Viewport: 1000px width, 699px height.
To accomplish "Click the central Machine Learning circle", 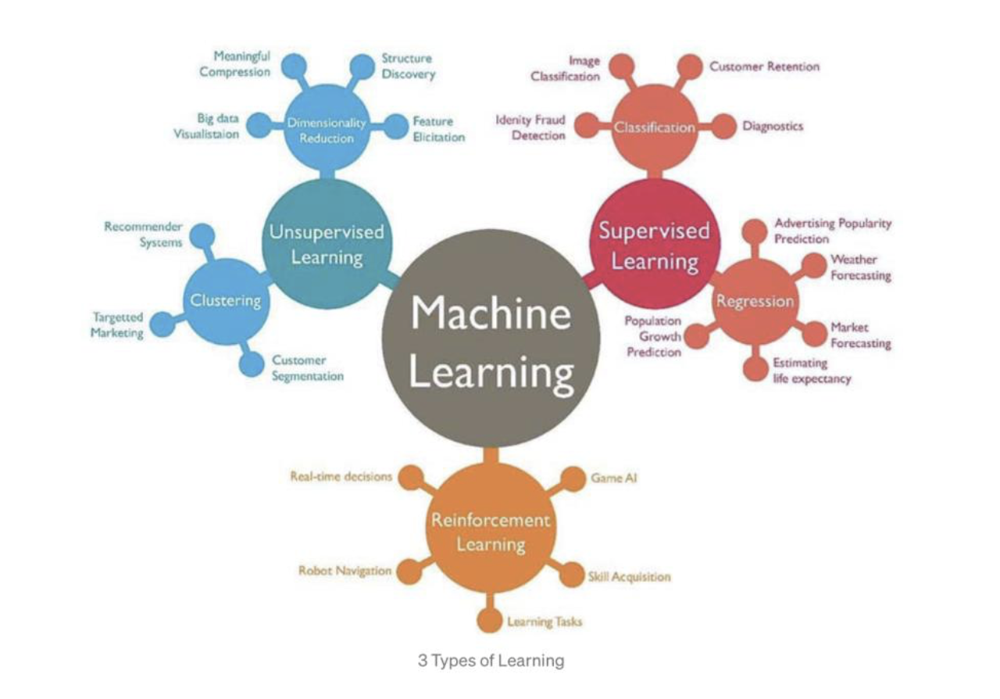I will click(491, 340).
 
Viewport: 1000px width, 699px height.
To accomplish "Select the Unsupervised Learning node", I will click(327, 244).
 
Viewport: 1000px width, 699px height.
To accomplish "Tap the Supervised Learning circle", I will click(655, 244).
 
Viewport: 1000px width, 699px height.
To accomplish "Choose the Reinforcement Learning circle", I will click(490, 532).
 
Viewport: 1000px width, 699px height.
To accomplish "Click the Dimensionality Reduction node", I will click(327, 131).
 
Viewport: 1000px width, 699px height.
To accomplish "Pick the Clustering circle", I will click(226, 301).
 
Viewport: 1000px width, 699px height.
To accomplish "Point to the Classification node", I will click(655, 128).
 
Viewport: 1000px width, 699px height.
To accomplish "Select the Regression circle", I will click(755, 302).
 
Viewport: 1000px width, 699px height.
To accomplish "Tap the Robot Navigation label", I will click(345, 571).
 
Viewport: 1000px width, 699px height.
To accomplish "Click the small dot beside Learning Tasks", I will click(489, 621).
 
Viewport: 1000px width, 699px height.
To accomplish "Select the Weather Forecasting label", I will click(860, 267).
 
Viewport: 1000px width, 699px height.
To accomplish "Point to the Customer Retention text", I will click(764, 66).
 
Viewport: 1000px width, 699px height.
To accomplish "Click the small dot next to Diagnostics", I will click(724, 127).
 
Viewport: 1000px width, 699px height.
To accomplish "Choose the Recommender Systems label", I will click(143, 235).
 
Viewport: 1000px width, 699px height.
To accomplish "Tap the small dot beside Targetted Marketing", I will click(162, 324).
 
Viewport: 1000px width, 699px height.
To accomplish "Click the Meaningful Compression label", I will click(234, 64).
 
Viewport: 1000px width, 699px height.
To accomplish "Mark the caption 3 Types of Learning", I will click(491, 661).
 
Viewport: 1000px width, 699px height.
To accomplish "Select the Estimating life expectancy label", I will click(812, 371).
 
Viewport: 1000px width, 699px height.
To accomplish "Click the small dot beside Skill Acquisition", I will click(573, 575).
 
